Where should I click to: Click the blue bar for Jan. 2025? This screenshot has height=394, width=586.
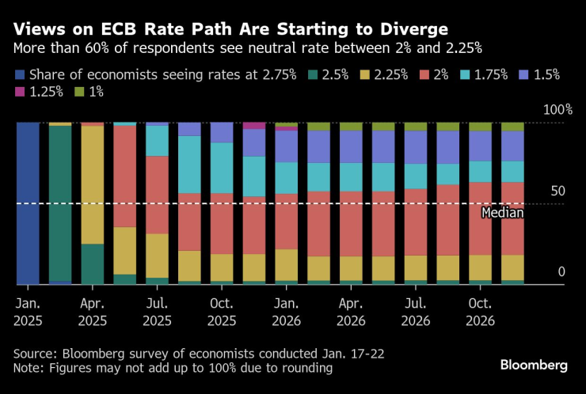[28, 203]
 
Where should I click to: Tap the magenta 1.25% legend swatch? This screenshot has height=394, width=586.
[21, 93]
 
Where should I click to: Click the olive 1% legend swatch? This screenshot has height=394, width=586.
[79, 93]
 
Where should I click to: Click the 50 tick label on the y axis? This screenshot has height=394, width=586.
[557, 191]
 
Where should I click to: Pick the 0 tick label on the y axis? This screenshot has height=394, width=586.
[561, 271]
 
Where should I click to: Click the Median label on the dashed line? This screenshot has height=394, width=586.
[502, 212]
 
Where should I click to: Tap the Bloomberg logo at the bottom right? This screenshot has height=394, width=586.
[534, 365]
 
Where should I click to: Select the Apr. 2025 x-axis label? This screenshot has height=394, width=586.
[93, 312]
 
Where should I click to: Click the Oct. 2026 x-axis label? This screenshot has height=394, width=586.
[479, 312]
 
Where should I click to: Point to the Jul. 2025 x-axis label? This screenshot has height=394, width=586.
[157, 312]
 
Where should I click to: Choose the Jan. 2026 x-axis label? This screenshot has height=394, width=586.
[286, 312]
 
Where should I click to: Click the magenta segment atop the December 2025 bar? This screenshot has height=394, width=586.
[254, 125]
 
